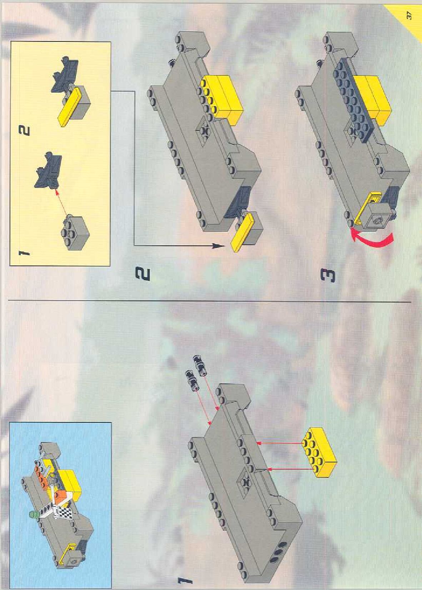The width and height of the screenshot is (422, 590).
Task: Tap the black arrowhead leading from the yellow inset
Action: point(218,246)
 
